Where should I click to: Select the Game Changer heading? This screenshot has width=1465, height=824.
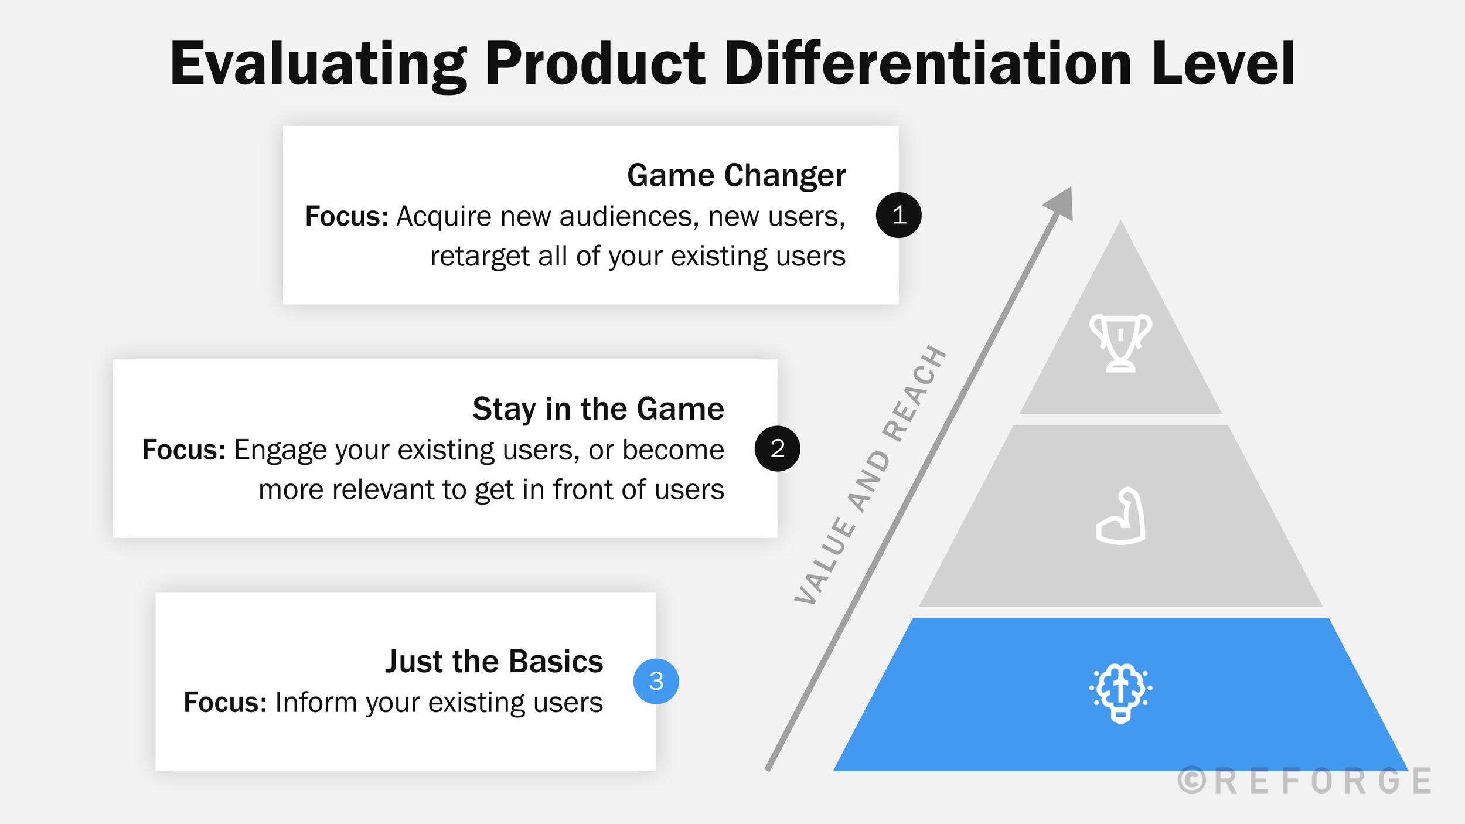point(736,175)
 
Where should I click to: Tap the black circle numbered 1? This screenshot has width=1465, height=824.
point(898,215)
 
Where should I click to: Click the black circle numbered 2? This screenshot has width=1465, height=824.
point(777,448)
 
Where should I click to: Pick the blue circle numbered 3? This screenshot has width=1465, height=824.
point(656,681)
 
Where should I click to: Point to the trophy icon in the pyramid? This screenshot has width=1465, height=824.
point(1120,343)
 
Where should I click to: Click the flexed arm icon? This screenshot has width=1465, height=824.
point(1120,516)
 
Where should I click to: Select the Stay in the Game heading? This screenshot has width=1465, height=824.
point(598,408)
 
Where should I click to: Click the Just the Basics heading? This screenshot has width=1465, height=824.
point(493,661)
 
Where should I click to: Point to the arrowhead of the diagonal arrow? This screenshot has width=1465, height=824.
point(1062,204)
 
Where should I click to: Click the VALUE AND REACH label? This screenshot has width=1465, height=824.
point(870,475)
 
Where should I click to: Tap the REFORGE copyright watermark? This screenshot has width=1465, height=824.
point(1304,781)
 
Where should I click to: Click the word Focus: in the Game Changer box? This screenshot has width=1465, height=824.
point(346,216)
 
